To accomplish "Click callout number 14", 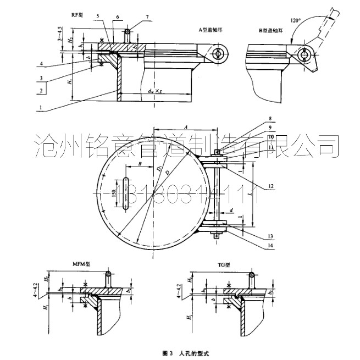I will point(272,245).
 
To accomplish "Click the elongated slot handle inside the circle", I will point(126,193).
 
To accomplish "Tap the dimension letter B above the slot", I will point(141,164).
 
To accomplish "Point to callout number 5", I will point(98,16).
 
